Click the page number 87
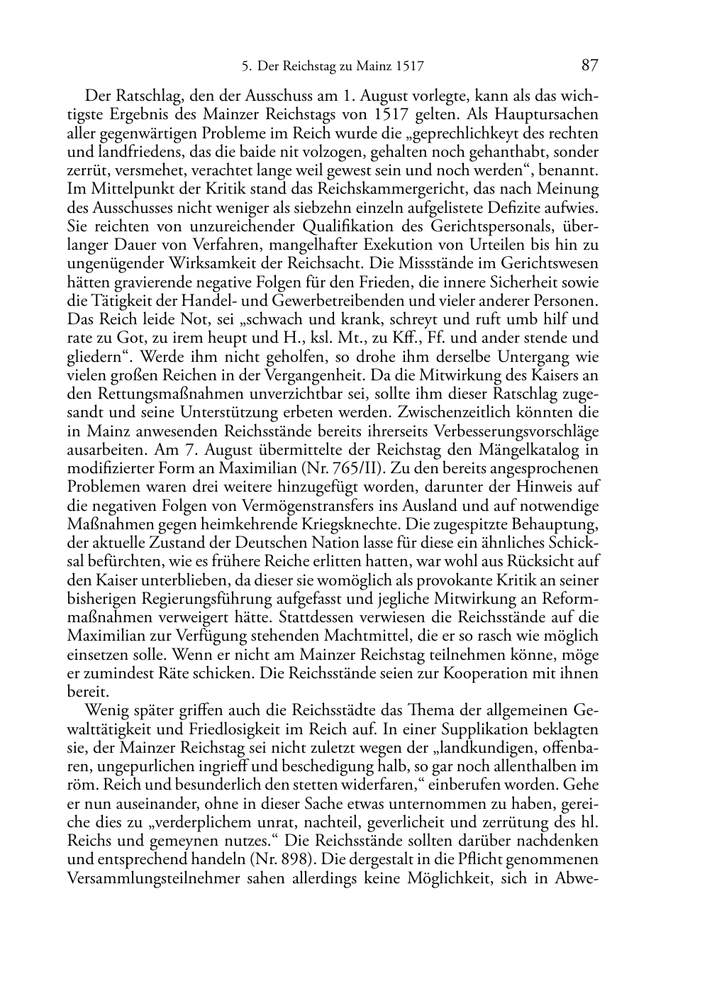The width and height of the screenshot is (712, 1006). click(590, 66)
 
